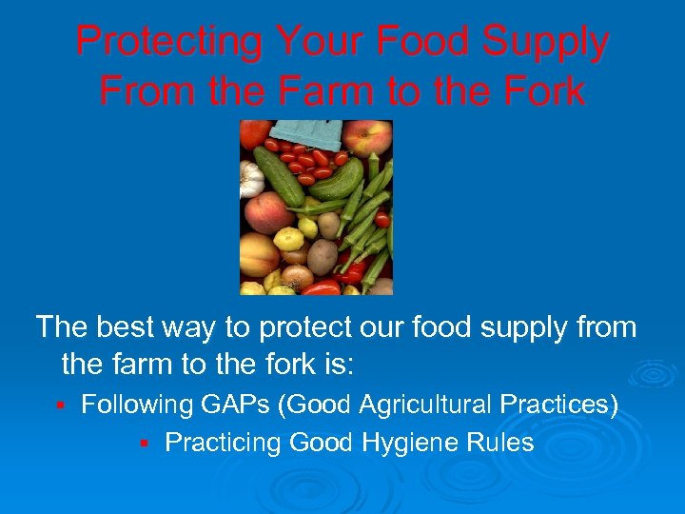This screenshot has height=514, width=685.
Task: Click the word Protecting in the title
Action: point(169,42)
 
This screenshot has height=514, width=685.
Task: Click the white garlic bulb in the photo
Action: point(251,178)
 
